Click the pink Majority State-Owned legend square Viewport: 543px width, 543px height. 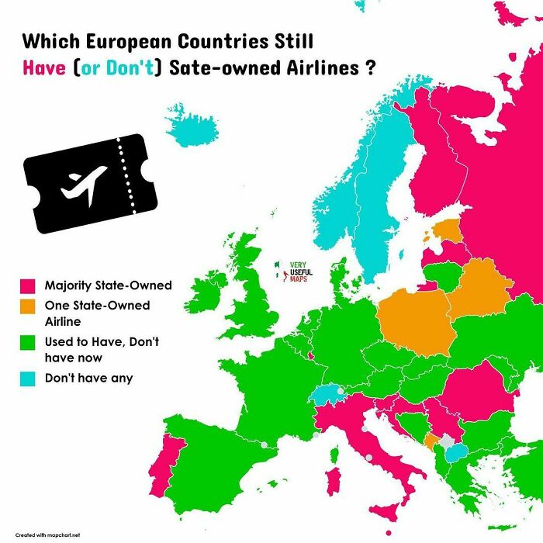29,285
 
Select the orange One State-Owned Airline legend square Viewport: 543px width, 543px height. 29,306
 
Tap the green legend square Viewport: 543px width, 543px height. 29,342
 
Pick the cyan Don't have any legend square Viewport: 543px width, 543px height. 29,379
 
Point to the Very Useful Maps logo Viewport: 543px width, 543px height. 292,272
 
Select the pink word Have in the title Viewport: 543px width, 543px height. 45,67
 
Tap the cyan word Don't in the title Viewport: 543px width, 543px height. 138,67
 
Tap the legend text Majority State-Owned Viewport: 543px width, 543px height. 108,285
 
